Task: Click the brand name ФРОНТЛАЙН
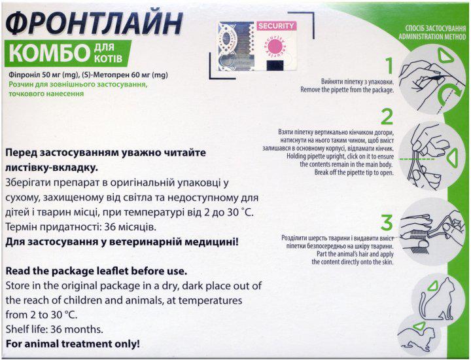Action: (92, 22)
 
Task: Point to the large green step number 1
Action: (388, 66)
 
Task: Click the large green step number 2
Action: (387, 118)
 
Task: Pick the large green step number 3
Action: (387, 220)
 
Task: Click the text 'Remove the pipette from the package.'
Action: (347, 90)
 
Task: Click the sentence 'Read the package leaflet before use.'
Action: (96, 271)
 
